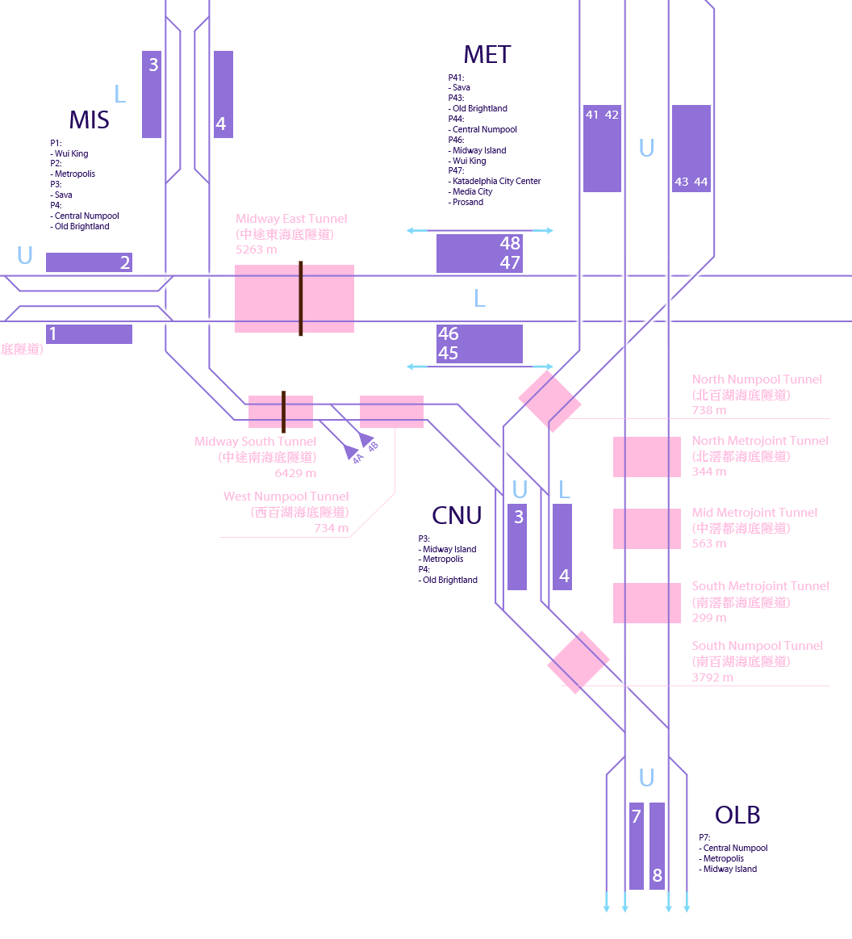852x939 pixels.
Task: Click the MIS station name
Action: (x=89, y=120)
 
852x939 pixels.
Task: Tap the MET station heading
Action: (x=487, y=55)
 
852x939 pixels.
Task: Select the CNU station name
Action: (x=457, y=516)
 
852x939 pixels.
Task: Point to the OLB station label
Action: (x=737, y=815)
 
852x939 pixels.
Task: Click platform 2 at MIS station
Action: (x=89, y=262)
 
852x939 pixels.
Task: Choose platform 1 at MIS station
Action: (x=89, y=334)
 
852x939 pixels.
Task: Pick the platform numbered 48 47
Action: (x=479, y=254)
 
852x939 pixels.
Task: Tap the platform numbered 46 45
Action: (x=479, y=344)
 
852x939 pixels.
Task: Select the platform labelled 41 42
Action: (x=602, y=149)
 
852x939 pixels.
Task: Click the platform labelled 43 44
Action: (x=691, y=149)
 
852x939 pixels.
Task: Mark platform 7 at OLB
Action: (x=637, y=846)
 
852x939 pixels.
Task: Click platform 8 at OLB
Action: (x=657, y=846)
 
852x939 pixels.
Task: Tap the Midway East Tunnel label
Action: (x=291, y=219)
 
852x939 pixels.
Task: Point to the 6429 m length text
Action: (x=295, y=473)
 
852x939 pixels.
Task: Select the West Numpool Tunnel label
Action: (x=286, y=497)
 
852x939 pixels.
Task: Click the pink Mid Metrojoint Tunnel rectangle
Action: (x=647, y=529)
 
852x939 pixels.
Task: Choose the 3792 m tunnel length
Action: (x=712, y=677)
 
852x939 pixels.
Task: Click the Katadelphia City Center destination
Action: (x=496, y=182)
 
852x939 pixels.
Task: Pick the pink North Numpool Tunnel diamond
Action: (x=549, y=401)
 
